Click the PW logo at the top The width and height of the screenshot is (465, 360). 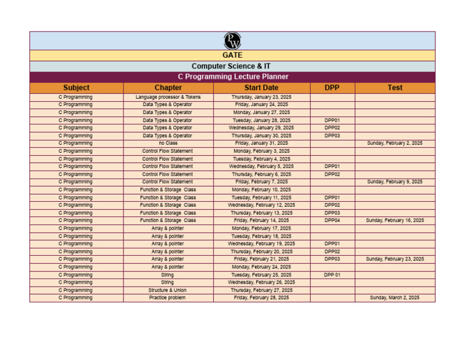tap(232, 41)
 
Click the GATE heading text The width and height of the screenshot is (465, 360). tap(232, 55)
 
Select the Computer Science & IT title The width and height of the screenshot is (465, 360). tap(232, 66)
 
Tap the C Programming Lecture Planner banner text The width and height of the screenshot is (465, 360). tap(232, 77)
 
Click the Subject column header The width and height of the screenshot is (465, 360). tap(76, 88)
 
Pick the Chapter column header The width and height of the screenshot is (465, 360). tap(168, 88)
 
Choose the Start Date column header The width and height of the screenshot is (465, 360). tap(261, 88)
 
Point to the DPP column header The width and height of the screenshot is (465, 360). tap(332, 88)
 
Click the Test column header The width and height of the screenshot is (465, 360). tap(395, 88)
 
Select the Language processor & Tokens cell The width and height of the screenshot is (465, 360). tap(168, 97)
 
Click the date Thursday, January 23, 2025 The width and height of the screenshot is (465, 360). tap(261, 97)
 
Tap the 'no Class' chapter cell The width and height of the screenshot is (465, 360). tap(168, 143)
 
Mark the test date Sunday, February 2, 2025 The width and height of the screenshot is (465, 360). tap(395, 143)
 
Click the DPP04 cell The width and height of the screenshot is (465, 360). tap(332, 221)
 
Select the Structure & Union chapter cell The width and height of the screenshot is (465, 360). tap(168, 290)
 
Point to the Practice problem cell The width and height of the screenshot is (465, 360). tap(168, 298)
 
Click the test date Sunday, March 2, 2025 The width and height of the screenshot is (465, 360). tap(395, 298)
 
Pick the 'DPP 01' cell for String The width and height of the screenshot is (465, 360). tap(332, 275)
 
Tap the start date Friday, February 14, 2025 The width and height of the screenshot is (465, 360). tap(261, 221)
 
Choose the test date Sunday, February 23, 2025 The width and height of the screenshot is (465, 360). tap(395, 259)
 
